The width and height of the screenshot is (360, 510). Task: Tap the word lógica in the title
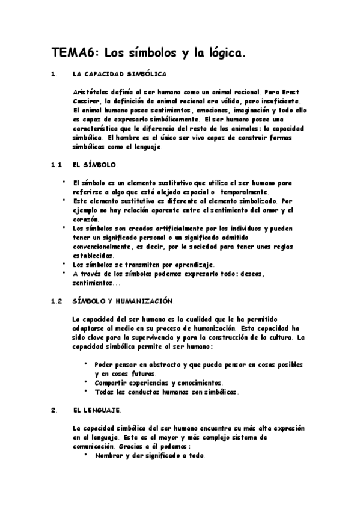click(224, 54)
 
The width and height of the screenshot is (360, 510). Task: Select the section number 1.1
click(57, 164)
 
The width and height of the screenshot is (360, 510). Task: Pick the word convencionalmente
click(108, 246)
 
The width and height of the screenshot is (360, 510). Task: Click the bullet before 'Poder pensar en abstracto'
click(87, 364)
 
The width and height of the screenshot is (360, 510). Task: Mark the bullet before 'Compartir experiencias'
click(87, 382)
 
